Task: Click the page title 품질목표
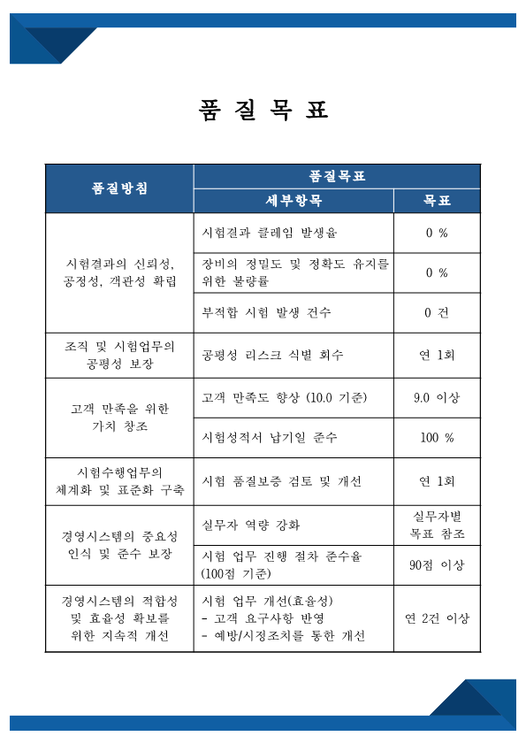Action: click(263, 110)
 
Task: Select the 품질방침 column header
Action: click(119, 188)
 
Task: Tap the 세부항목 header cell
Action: click(293, 201)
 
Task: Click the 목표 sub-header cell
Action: click(437, 201)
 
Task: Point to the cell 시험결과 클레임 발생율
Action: click(270, 234)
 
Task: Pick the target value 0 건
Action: click(437, 312)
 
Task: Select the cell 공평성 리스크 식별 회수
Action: click(272, 355)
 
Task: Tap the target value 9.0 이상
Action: click(437, 397)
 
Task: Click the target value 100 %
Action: click(437, 437)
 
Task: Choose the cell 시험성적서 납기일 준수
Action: click(270, 437)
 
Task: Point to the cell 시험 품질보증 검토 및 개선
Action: click(282, 481)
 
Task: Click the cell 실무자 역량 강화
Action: click(251, 525)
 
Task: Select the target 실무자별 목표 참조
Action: click(437, 525)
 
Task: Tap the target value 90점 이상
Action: click(437, 564)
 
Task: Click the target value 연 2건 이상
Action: click(437, 617)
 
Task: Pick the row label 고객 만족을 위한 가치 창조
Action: click(119, 417)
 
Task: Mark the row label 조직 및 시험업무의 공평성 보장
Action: click(119, 355)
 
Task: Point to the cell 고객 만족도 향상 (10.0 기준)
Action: click(285, 397)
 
